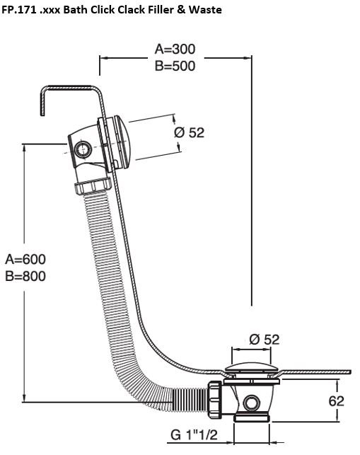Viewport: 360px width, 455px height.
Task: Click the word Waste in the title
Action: [205, 10]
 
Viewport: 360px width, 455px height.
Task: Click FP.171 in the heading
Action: [19, 10]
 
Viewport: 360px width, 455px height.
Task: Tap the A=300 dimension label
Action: [175, 49]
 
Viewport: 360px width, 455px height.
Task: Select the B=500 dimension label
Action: [175, 66]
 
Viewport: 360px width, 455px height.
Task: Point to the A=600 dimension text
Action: [25, 259]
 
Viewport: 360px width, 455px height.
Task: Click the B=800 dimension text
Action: [25, 276]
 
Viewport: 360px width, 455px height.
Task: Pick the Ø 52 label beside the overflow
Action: [189, 132]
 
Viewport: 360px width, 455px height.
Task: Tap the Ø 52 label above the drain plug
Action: [265, 340]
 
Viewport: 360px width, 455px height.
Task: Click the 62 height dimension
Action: [336, 401]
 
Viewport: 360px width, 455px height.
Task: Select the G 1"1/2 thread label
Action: [194, 434]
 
